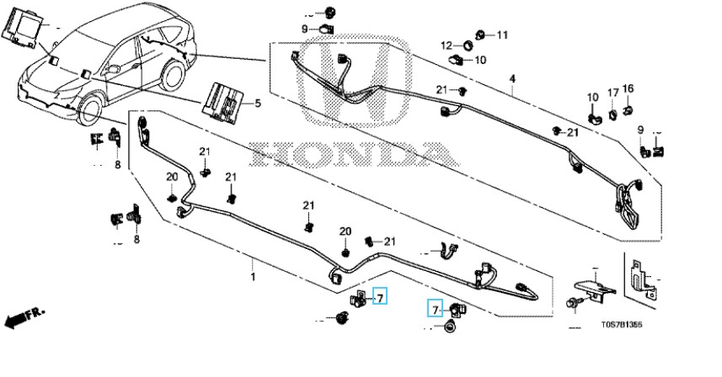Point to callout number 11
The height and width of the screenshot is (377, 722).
coord(503,35)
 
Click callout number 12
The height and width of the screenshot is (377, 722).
coord(447,45)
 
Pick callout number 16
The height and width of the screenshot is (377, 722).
coord(628,88)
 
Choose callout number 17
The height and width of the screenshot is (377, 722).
coord(613,92)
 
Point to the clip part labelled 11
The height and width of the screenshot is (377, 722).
coord(479,35)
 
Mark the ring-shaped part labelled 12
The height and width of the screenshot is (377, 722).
coord(467,45)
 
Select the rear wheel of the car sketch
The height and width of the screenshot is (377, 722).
coord(172,74)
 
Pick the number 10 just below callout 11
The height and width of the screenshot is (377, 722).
coord(480,60)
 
